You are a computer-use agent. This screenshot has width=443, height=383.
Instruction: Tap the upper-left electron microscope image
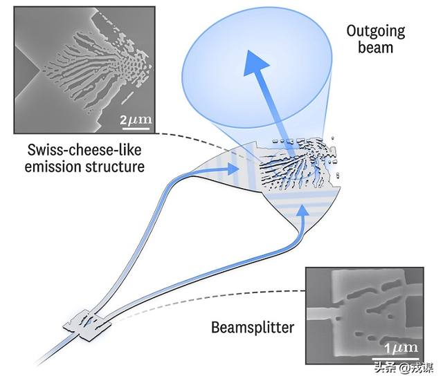click(x=84, y=69)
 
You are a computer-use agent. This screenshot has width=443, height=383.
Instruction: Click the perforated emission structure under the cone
click(x=298, y=166)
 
